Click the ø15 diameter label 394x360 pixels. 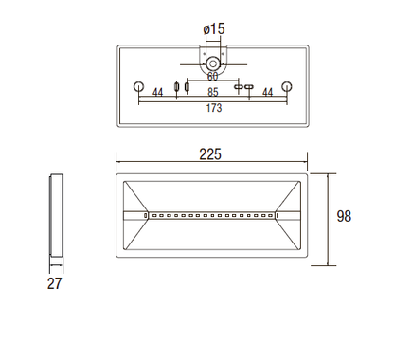214,29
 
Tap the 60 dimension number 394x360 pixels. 212,76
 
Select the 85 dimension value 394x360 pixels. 213,92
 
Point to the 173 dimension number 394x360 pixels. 214,108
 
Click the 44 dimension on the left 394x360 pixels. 157,93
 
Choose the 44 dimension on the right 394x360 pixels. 267,93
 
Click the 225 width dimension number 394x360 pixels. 210,154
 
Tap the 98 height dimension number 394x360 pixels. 344,216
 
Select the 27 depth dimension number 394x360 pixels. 55,283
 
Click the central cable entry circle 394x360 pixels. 213,63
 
